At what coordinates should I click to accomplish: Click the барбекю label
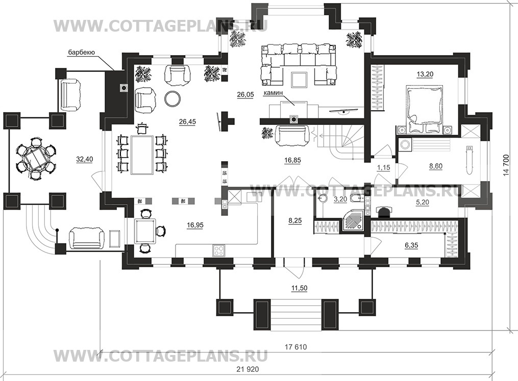82,52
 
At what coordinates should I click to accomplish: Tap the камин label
273,93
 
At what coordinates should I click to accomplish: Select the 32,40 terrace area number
85,159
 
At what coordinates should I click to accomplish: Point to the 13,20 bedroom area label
425,74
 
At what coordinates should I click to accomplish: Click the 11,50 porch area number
299,288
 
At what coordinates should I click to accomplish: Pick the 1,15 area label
384,168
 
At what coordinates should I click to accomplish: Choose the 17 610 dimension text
295,347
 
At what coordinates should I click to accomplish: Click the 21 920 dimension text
248,369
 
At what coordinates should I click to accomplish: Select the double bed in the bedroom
424,110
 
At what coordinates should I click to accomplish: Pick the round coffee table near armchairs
173,98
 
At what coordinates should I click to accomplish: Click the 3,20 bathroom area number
340,199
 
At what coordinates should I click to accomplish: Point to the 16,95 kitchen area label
195,225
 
